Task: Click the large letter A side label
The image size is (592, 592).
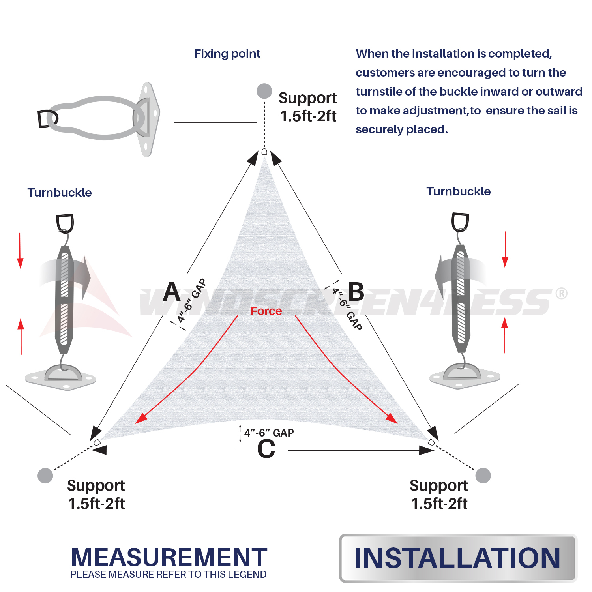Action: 172,292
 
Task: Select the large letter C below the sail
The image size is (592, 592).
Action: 266,449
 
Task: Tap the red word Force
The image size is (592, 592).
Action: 266,311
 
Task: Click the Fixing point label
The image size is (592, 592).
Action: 227,54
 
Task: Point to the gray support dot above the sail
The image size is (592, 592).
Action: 264,91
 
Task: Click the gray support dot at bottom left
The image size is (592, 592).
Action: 45,476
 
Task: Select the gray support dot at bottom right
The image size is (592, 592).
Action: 483,476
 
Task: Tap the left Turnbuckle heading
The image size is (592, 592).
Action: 60,193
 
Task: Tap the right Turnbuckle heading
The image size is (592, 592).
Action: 458,191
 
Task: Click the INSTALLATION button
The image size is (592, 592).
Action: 457,558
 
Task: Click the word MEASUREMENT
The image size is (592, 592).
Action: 169,557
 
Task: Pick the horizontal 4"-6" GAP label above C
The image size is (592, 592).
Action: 269,433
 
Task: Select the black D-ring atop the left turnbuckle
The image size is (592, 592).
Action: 65,223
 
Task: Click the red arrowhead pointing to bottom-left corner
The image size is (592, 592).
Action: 140,419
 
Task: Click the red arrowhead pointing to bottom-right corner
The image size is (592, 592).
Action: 392,419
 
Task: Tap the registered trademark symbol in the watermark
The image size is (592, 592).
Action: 561,293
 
